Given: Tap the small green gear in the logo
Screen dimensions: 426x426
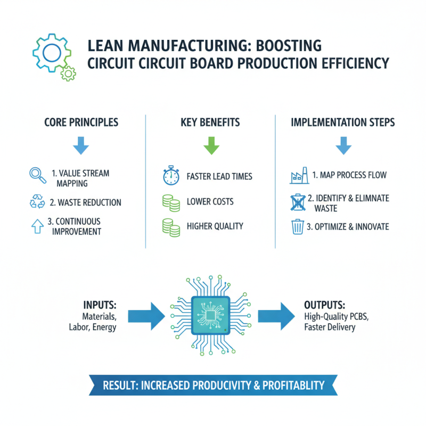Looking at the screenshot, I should pos(68,73).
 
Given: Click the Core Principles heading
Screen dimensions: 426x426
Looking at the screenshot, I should pos(81,122).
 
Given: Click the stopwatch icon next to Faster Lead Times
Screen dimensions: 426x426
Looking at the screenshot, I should pos(168,176).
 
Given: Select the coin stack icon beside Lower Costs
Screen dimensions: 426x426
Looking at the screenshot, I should pos(168,202).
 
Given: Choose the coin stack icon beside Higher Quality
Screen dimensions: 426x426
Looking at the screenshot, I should pos(168,226).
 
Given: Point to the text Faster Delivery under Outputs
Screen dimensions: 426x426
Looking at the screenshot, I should pos(330,327).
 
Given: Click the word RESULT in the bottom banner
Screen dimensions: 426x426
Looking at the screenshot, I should pos(119,384).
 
